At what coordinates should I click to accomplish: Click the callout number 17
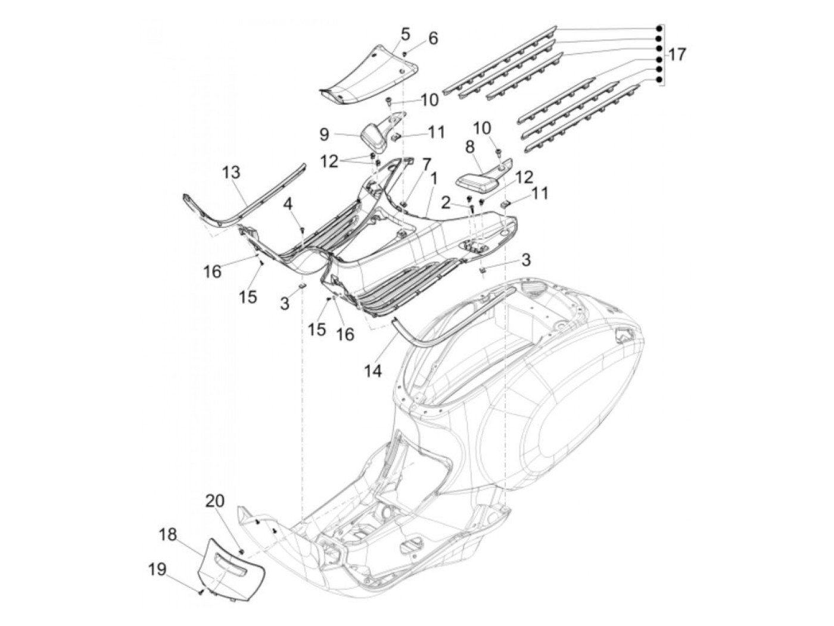coord(676,55)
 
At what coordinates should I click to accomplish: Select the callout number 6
coord(432,38)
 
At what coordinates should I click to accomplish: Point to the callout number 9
coord(324,134)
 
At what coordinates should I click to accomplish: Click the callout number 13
coord(231,172)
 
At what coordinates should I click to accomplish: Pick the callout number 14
coord(373,371)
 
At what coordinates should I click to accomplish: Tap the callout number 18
coord(167,534)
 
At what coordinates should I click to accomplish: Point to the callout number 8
coord(470,147)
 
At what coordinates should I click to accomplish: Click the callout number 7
coord(427,165)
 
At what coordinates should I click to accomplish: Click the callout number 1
coord(434,179)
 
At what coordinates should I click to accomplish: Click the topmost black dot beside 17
coord(659,29)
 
